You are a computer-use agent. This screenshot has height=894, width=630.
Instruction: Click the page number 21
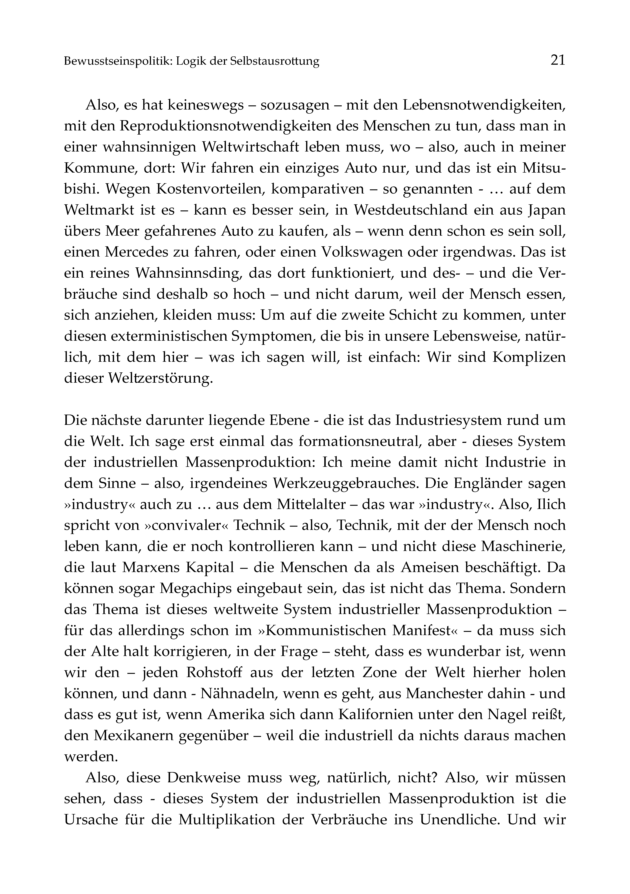[558, 60]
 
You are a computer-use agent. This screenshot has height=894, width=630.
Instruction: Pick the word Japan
[547, 210]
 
